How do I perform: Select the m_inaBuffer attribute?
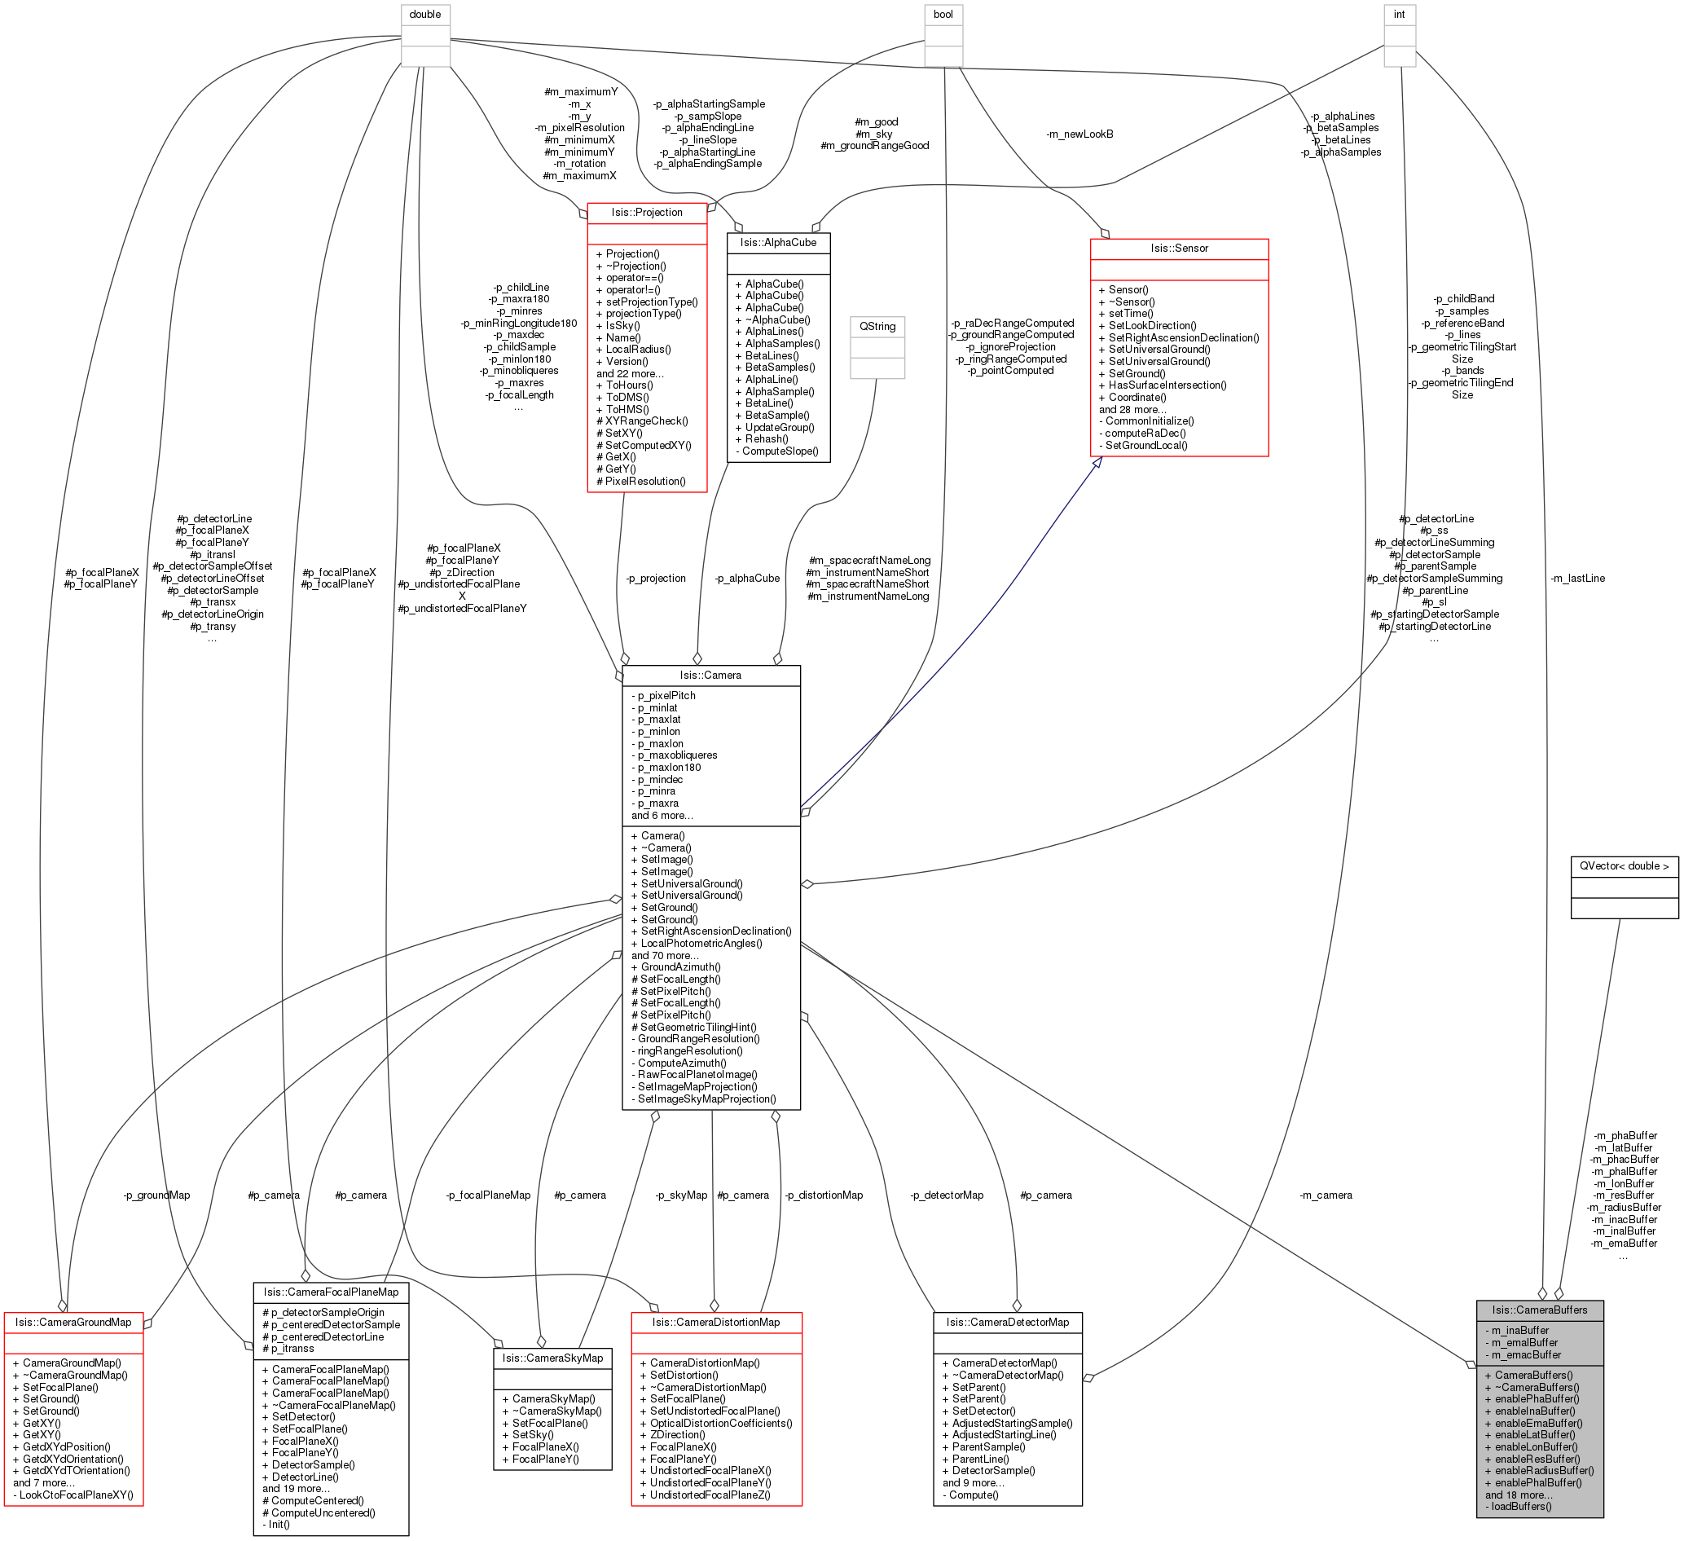[1519, 1331]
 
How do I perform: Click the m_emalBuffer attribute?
[1524, 1343]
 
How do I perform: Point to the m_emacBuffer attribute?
[1525, 1354]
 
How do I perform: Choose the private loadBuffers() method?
[1521, 1507]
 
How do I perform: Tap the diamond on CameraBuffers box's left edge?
[1471, 1365]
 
